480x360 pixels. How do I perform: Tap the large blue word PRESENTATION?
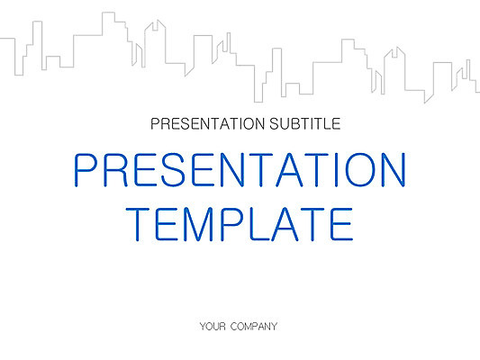(x=240, y=170)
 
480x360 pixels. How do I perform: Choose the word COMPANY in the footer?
(x=254, y=326)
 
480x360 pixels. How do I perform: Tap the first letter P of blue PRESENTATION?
(x=84, y=170)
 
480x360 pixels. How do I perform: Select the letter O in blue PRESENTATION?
(x=354, y=170)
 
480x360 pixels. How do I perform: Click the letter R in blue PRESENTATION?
(x=113, y=170)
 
